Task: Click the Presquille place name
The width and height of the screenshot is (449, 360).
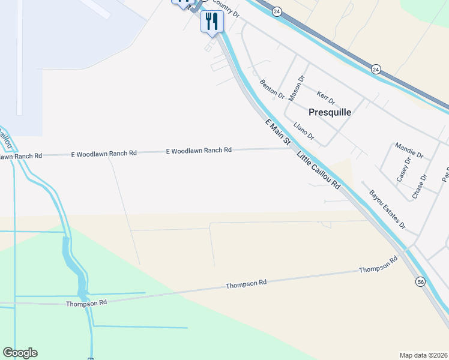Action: [330, 112]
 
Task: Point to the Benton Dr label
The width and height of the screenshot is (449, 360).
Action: [272, 89]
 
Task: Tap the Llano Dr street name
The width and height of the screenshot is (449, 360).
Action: [304, 131]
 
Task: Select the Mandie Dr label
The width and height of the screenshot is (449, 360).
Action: [409, 150]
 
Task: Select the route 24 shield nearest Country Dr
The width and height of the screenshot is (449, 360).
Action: [276, 11]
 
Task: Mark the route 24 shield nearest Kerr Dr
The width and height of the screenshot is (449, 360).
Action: [375, 69]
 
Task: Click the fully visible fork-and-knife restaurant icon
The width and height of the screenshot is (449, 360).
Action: [211, 21]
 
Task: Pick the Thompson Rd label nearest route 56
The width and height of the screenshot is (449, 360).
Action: [378, 265]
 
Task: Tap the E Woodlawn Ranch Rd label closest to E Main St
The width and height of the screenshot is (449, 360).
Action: [199, 151]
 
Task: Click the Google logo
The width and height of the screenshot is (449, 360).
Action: [20, 353]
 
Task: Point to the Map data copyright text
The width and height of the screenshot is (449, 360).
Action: [423, 355]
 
